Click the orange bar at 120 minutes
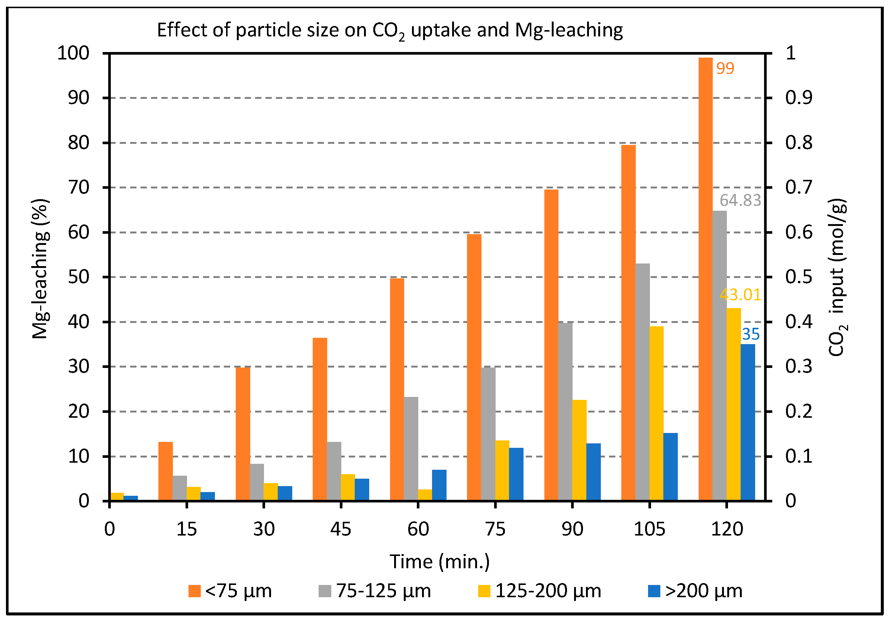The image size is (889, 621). (705, 279)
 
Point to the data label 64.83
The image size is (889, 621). (740, 200)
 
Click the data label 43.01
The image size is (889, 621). (740, 295)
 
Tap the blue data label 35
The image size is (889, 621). (750, 334)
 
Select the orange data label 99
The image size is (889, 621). (725, 68)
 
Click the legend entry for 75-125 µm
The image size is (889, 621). (374, 591)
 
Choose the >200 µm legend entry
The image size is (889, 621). (695, 591)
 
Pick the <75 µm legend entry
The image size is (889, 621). (230, 591)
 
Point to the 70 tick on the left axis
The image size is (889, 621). (78, 188)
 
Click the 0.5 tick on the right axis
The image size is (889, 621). (798, 277)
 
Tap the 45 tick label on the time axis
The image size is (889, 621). (341, 529)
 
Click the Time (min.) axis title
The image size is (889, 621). (439, 562)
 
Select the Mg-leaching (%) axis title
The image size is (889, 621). (40, 269)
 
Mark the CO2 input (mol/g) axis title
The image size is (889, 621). (837, 277)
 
